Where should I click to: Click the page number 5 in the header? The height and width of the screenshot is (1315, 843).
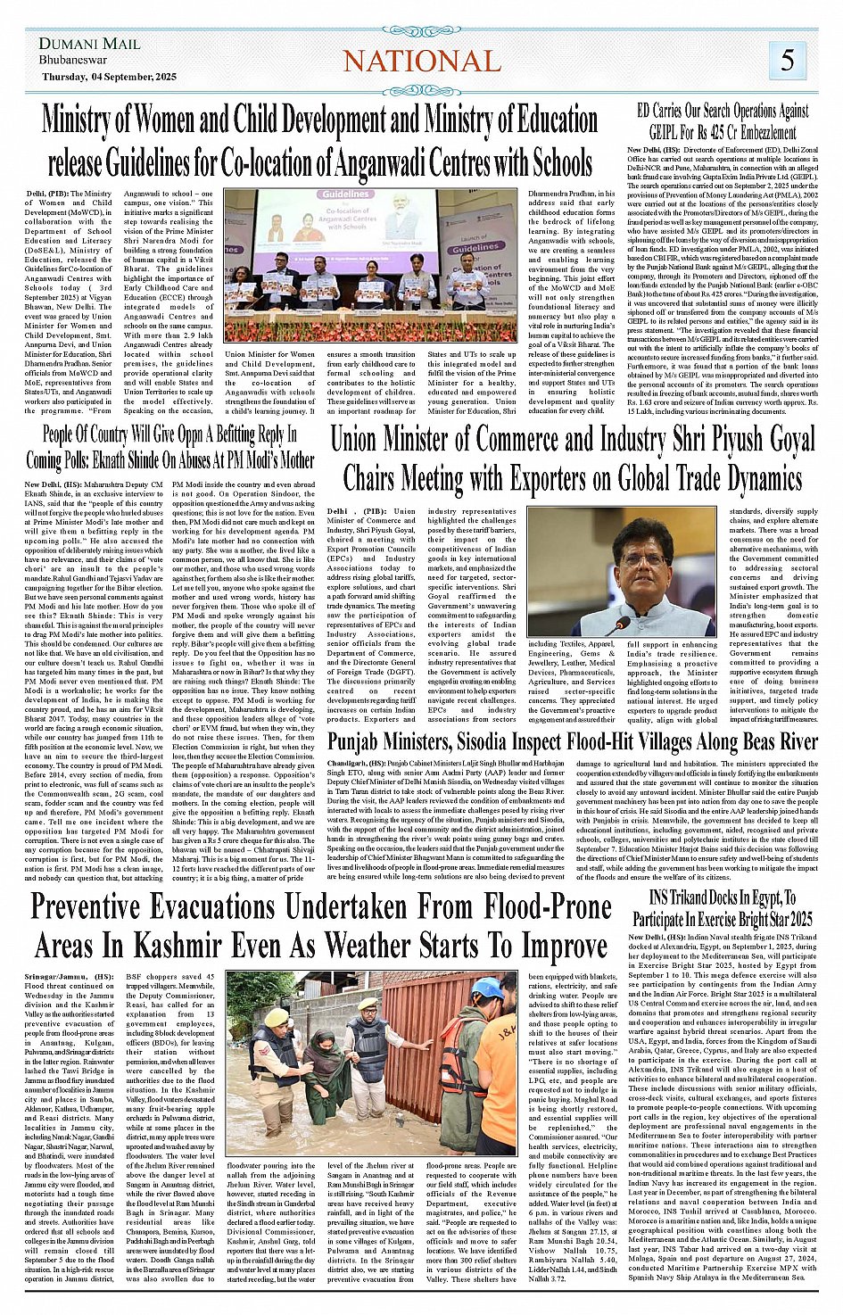[x=788, y=60]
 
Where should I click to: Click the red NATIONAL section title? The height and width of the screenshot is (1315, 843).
[x=422, y=61]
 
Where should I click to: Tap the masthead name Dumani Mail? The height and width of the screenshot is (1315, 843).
[x=89, y=44]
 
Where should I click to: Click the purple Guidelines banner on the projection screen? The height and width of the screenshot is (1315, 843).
[x=345, y=194]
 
